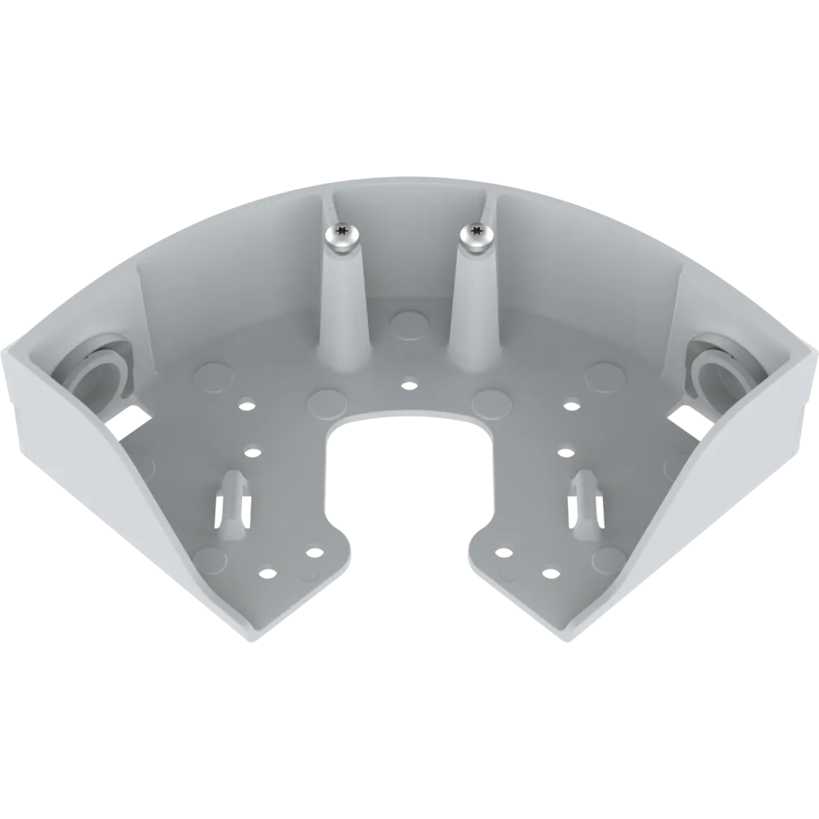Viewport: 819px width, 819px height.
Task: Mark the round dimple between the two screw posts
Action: (408, 324)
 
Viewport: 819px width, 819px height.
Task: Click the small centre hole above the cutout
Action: (409, 383)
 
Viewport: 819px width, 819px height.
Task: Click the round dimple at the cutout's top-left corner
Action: (327, 401)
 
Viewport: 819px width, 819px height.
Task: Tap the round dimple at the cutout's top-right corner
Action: (490, 401)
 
